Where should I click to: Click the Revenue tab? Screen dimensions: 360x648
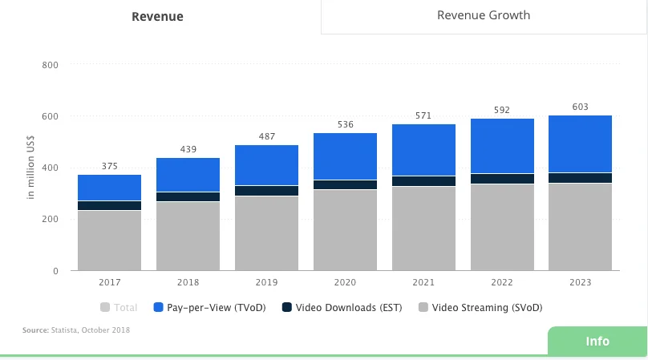point(157,17)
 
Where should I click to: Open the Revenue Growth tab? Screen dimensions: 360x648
point(483,15)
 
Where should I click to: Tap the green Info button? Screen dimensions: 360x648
point(597,341)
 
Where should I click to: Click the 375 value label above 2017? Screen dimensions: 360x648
point(109,167)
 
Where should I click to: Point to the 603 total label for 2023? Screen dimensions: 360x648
point(580,107)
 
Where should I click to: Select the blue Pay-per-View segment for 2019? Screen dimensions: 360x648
point(266,165)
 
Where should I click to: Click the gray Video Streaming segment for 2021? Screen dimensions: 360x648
point(423,229)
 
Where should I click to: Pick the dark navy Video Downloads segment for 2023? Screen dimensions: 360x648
point(580,178)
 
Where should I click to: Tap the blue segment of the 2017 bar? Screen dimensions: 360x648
point(109,188)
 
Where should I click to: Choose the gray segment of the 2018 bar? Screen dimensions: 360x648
point(188,236)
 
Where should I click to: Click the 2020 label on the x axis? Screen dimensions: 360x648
point(345,282)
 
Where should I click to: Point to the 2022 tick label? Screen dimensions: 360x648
point(501,282)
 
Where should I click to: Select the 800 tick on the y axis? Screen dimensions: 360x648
point(49,65)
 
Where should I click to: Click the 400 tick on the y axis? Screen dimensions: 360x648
point(49,168)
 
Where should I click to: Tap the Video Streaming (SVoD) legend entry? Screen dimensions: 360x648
point(481,307)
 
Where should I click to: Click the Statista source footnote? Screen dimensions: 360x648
point(76,330)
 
